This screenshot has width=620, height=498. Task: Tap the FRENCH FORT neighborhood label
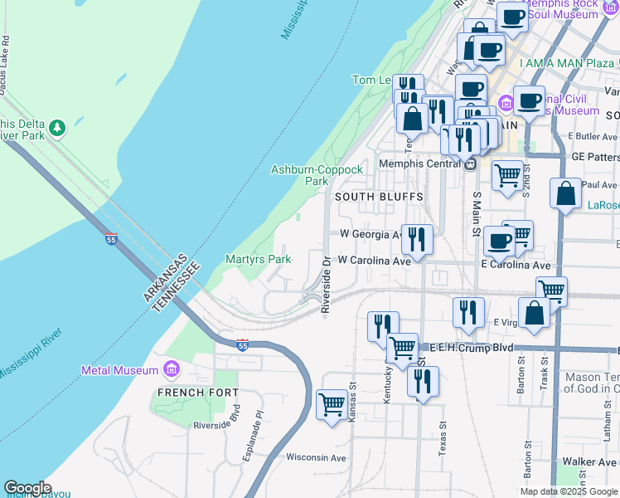pos(200,392)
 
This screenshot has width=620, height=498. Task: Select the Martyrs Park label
pos(258,260)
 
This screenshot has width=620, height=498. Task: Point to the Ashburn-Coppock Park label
pos(317,175)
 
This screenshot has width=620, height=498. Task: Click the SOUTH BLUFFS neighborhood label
pos(379,197)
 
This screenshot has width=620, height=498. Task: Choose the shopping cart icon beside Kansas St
pos(332,405)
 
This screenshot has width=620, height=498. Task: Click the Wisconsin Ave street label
pos(316,457)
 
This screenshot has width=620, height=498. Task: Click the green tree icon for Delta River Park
pos(56,128)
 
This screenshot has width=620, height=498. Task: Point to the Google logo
pos(27,488)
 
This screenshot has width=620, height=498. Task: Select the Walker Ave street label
pos(590,461)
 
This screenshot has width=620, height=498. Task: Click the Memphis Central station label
pos(420,164)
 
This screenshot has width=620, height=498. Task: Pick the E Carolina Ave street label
pos(516,265)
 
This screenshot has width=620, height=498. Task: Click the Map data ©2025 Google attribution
pos(568,491)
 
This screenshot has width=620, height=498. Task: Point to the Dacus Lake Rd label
pos(5,63)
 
